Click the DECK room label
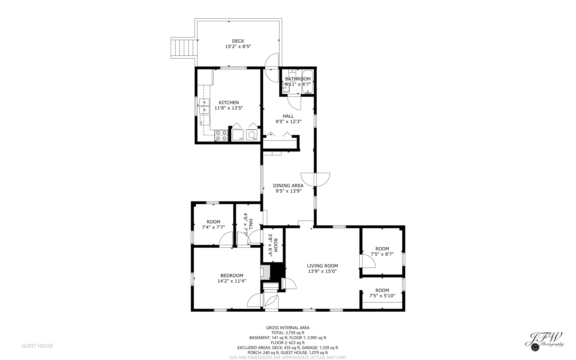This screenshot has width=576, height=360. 238,41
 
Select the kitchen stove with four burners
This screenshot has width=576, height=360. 221,135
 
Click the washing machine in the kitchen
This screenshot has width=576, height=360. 252,135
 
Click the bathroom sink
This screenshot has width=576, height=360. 286,88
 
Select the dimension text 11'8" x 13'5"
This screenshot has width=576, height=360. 229,108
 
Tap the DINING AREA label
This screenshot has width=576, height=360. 288,185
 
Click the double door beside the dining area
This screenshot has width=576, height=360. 315,180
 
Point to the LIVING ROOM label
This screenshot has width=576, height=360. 322,266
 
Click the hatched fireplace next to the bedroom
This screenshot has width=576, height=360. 265,272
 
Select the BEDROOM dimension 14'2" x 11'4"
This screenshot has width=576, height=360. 232,281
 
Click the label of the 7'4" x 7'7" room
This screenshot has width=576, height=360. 213,222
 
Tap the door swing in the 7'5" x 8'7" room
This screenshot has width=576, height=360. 368,261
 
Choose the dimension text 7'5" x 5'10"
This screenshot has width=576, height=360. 382,296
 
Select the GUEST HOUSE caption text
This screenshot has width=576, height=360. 37,346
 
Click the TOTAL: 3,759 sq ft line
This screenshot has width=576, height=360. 288,333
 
